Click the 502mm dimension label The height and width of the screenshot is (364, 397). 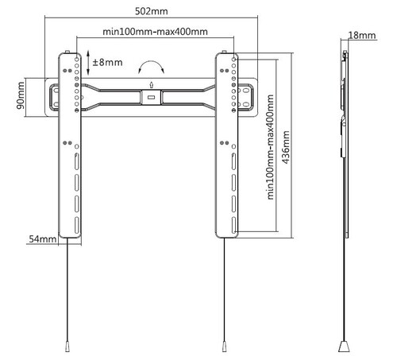[x=152, y=11]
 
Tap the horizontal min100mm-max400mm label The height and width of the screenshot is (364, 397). [x=155, y=32]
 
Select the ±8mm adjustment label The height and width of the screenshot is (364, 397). [x=107, y=63]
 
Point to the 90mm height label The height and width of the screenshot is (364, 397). [x=21, y=95]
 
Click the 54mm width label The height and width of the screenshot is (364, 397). [x=43, y=238]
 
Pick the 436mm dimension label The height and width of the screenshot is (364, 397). [x=286, y=147]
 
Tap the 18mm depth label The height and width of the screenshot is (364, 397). [x=362, y=35]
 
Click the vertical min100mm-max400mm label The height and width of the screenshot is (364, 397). [x=270, y=147]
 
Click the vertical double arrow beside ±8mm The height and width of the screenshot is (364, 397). [x=88, y=63]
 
